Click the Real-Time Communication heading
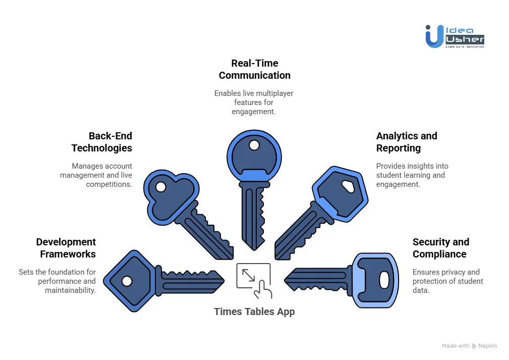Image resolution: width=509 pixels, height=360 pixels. click(x=254, y=69)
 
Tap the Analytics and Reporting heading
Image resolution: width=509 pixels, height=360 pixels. click(x=407, y=142)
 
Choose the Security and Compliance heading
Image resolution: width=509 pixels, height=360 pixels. click(x=440, y=248)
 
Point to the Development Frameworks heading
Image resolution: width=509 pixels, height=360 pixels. click(x=66, y=248)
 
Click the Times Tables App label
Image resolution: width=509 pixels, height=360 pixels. click(x=254, y=312)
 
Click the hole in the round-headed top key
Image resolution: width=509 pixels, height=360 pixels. click(x=254, y=145)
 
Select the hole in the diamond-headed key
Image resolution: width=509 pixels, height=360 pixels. click(x=127, y=281)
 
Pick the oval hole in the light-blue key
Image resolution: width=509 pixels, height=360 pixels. click(x=384, y=280)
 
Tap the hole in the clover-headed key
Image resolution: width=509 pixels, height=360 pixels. click(x=161, y=187)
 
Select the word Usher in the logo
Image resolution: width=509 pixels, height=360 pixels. click(x=465, y=39)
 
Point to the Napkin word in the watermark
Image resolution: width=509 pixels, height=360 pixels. click(x=487, y=346)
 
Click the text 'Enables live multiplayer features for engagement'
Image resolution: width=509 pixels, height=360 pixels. click(x=254, y=102)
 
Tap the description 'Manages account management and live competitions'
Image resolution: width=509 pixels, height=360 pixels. click(x=96, y=175)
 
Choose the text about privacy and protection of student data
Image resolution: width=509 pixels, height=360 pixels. click(x=447, y=281)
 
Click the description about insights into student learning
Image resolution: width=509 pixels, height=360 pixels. click(x=412, y=175)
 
